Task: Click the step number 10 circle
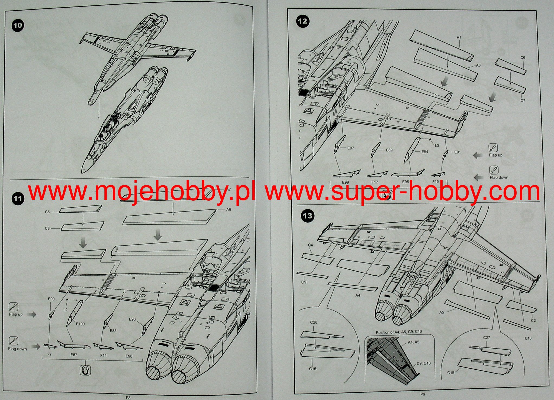[18, 25]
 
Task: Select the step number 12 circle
[303, 21]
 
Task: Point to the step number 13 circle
[308, 216]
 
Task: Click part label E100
[80, 324]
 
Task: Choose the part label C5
[47, 212]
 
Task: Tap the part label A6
[228, 209]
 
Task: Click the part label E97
[350, 148]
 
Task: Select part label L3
[437, 145]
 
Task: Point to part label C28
[314, 322]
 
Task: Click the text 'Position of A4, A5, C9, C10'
[399, 332]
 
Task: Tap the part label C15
[450, 373]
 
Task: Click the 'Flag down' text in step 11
[17, 349]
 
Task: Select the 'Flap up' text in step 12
[495, 155]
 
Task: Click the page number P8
[128, 398]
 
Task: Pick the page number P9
[423, 394]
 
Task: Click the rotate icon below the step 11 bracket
[85, 370]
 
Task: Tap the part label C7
[523, 100]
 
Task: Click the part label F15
[436, 181]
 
